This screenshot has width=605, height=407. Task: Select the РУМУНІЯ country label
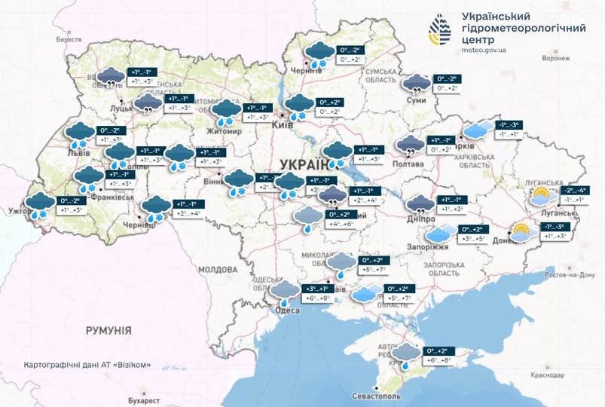[108, 330]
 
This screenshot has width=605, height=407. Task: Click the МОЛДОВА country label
[218, 269]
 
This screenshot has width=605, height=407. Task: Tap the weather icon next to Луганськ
[541, 197]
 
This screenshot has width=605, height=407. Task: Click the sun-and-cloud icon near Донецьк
[521, 232]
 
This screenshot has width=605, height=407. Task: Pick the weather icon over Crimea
[406, 354]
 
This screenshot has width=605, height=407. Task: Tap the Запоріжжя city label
[431, 247]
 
